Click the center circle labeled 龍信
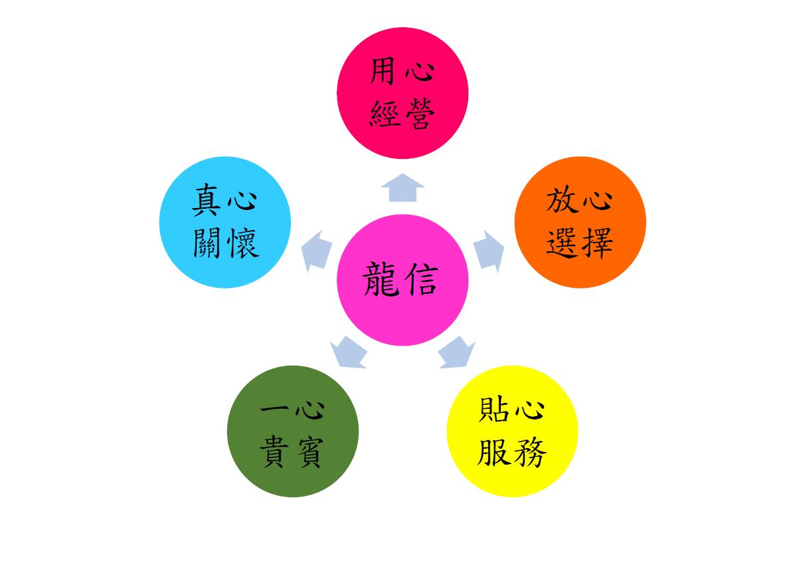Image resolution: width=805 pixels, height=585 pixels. click(x=402, y=280)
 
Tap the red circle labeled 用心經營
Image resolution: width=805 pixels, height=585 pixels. click(x=402, y=93)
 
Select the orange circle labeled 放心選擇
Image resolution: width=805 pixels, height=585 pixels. click(x=581, y=222)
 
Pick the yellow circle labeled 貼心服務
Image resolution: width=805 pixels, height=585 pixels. click(x=513, y=431)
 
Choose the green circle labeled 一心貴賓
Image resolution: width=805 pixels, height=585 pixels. click(x=293, y=431)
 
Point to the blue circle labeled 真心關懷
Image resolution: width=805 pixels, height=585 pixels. click(x=225, y=222)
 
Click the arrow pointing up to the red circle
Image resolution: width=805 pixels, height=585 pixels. click(x=402, y=187)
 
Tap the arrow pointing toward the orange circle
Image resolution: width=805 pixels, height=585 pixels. click(x=489, y=251)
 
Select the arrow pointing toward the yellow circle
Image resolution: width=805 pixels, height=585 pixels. click(x=456, y=352)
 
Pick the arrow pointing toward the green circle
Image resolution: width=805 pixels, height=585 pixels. click(x=349, y=352)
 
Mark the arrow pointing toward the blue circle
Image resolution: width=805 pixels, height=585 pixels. click(x=316, y=251)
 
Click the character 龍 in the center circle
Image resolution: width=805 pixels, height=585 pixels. click(x=381, y=279)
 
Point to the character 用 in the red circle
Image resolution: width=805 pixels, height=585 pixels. click(x=383, y=71)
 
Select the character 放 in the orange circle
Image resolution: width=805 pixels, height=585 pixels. click(x=561, y=200)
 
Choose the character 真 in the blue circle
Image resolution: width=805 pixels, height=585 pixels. click(x=206, y=200)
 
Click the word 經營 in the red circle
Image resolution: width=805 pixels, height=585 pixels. click(x=402, y=114)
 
